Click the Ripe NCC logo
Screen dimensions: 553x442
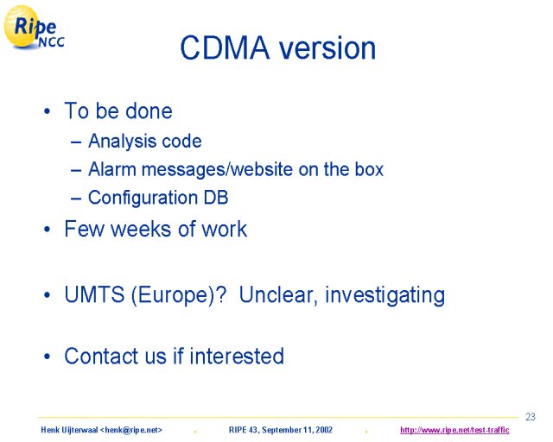pyautogui.click(x=34, y=28)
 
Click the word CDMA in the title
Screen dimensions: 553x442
pyautogui.click(x=225, y=47)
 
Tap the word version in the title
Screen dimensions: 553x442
pyautogui.click(x=327, y=48)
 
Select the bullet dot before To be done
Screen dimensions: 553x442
pyautogui.click(x=48, y=111)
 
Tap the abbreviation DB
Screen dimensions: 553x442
pyautogui.click(x=216, y=198)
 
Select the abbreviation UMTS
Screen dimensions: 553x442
pyautogui.click(x=94, y=294)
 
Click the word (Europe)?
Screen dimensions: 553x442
pyautogui.click(x=179, y=295)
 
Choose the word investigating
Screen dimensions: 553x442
pyautogui.click(x=385, y=296)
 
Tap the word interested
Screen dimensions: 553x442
pyautogui.click(x=237, y=356)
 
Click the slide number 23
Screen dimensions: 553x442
pyautogui.click(x=531, y=417)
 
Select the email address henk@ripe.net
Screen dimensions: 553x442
pyautogui.click(x=131, y=430)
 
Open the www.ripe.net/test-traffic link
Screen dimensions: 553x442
pyautogui.click(x=454, y=430)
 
